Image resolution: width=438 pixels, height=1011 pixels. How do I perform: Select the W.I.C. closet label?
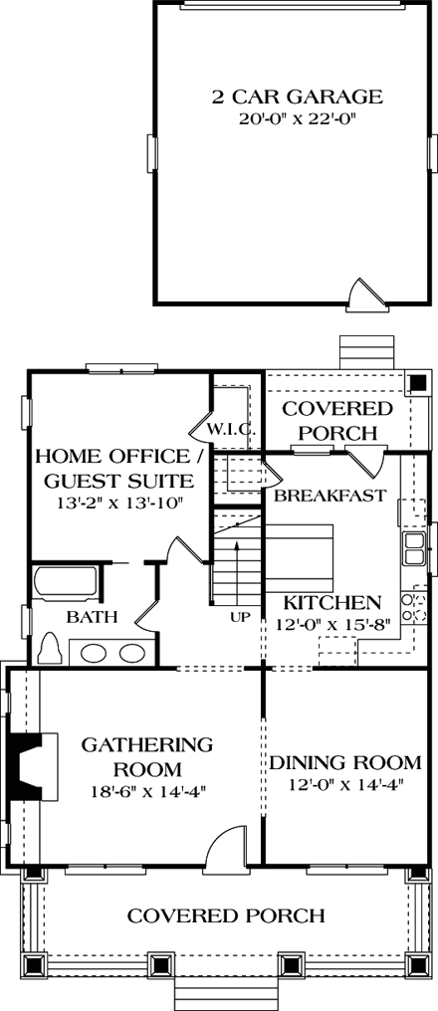(x=232, y=430)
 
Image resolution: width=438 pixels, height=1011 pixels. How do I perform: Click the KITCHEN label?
(x=331, y=602)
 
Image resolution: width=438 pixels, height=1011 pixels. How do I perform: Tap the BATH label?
(x=92, y=617)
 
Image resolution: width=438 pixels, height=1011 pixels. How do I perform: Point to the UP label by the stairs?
(x=240, y=617)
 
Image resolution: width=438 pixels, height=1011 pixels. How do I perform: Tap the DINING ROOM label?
(x=344, y=763)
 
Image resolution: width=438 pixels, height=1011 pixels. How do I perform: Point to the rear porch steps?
(x=367, y=353)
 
